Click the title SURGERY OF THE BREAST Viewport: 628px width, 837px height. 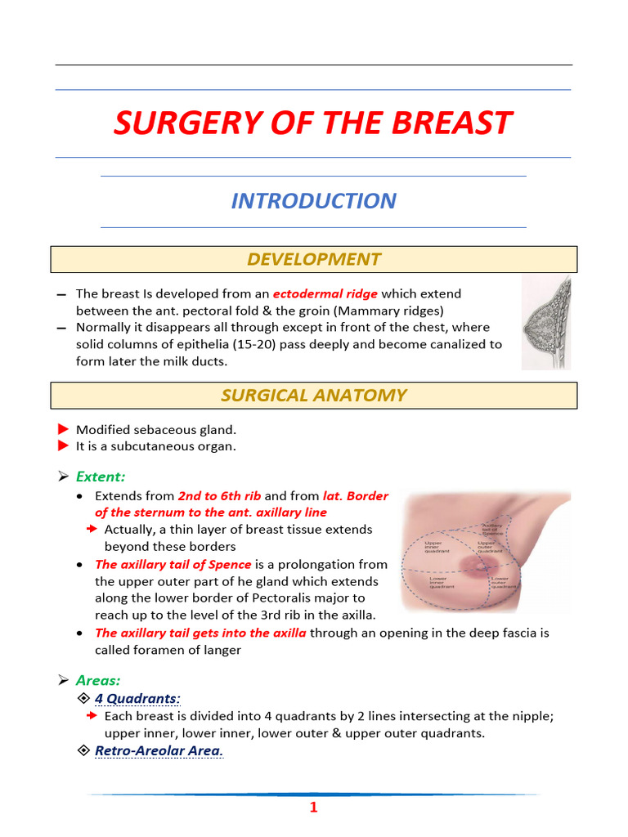tap(313, 123)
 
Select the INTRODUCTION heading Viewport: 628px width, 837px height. tap(313, 201)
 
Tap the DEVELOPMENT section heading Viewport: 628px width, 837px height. tap(314, 259)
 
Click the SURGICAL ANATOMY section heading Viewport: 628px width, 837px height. tap(314, 396)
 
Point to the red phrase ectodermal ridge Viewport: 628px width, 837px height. tap(325, 293)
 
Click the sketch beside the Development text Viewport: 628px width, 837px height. tap(546, 322)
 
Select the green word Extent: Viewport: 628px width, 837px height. tap(101, 477)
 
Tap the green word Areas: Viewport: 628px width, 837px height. tap(98, 680)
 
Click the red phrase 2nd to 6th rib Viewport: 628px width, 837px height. tap(219, 496)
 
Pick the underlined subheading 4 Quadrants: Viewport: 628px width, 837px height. tap(137, 698)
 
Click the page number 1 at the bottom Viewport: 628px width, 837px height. tap(313, 808)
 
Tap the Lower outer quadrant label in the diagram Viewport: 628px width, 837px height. tap(503, 583)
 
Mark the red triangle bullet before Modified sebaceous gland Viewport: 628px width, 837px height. tap(64, 429)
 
